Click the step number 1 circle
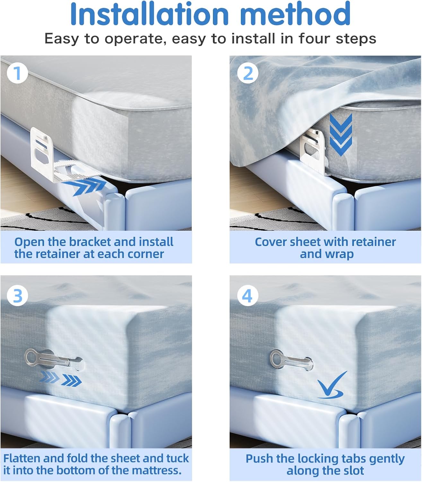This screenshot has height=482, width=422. pos(17,73)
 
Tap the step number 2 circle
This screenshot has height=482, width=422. pos(248,73)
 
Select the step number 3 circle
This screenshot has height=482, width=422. pos(17,296)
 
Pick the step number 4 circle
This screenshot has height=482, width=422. pos(248,296)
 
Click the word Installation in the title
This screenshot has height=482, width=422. pos(150,14)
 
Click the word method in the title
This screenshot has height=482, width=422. pos(295,14)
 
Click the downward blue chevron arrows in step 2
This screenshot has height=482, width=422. pos(341,135)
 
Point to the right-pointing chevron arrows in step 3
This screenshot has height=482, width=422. pos(61,379)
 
